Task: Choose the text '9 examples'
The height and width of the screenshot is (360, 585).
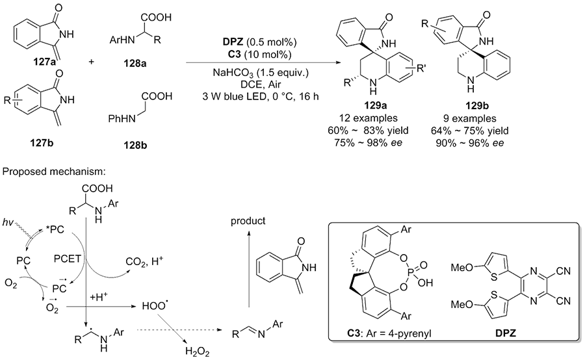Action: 478,119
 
